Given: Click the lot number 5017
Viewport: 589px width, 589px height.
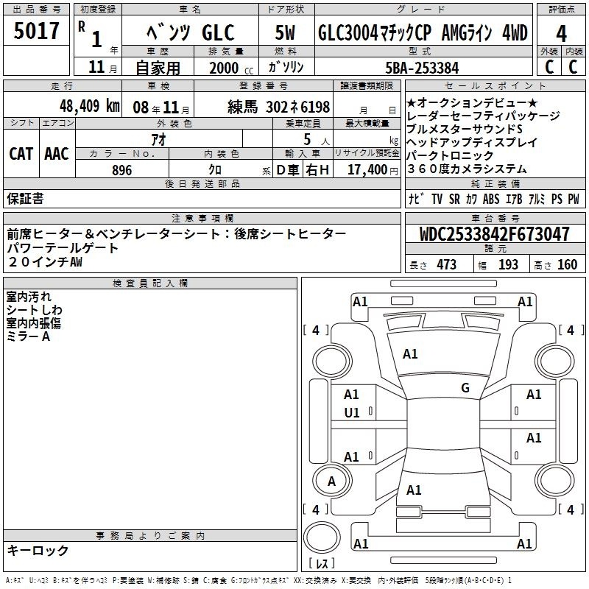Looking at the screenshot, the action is click(x=36, y=31).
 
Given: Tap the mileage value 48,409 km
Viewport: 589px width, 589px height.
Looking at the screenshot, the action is click(x=89, y=106).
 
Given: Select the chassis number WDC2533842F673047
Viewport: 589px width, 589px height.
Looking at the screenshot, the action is click(x=495, y=233).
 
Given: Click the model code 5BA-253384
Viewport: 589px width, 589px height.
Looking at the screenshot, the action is click(x=422, y=68).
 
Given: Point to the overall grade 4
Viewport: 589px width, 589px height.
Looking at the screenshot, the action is click(x=561, y=34).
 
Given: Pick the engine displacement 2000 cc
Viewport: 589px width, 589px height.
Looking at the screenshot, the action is click(x=230, y=68).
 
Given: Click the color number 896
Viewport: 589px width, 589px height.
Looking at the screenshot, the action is click(x=121, y=170).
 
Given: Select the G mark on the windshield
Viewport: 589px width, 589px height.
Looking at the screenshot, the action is click(x=465, y=388).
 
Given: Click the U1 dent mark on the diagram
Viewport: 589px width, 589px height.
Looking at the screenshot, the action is click(x=352, y=413).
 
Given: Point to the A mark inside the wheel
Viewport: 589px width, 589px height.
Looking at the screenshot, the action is click(x=331, y=482).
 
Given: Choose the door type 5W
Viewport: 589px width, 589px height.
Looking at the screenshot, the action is click(x=285, y=32).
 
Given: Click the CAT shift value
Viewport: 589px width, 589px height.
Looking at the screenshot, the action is click(x=21, y=154).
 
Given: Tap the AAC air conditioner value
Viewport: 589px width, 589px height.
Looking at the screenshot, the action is click(x=57, y=154).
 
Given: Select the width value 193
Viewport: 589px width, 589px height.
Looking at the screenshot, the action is click(x=508, y=264).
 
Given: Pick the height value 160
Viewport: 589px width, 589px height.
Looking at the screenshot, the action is click(x=567, y=264).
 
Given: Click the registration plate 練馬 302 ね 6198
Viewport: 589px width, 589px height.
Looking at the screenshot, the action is click(x=279, y=107).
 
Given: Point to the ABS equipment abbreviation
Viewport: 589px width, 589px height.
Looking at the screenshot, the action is click(x=491, y=199).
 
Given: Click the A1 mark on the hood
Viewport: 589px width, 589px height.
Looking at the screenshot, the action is click(x=410, y=354).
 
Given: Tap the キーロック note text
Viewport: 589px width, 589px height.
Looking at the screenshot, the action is click(x=38, y=550).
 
